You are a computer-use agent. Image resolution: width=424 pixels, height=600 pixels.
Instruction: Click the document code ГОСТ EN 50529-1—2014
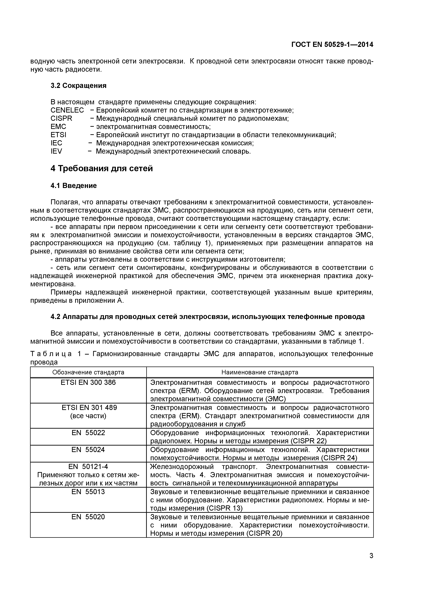point(332,45)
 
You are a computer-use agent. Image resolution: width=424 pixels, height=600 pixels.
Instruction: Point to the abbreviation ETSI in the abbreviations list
point(58,135)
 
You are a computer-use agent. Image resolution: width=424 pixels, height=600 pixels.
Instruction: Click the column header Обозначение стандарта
point(88,372)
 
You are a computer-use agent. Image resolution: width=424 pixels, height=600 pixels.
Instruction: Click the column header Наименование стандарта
point(260,372)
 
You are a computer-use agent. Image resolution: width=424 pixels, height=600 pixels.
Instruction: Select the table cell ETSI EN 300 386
point(88,383)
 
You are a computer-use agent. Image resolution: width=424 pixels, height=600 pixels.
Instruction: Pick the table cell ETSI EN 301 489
point(88,408)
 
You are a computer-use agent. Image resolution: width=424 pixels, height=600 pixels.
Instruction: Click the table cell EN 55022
point(88,433)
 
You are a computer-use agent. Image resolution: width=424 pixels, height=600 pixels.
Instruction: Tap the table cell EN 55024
point(88,449)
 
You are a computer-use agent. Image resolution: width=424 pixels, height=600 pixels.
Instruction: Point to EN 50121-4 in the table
point(88,466)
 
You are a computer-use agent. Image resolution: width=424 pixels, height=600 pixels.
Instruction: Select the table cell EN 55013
point(88,492)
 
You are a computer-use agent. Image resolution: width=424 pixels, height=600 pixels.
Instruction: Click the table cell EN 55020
point(88,517)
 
